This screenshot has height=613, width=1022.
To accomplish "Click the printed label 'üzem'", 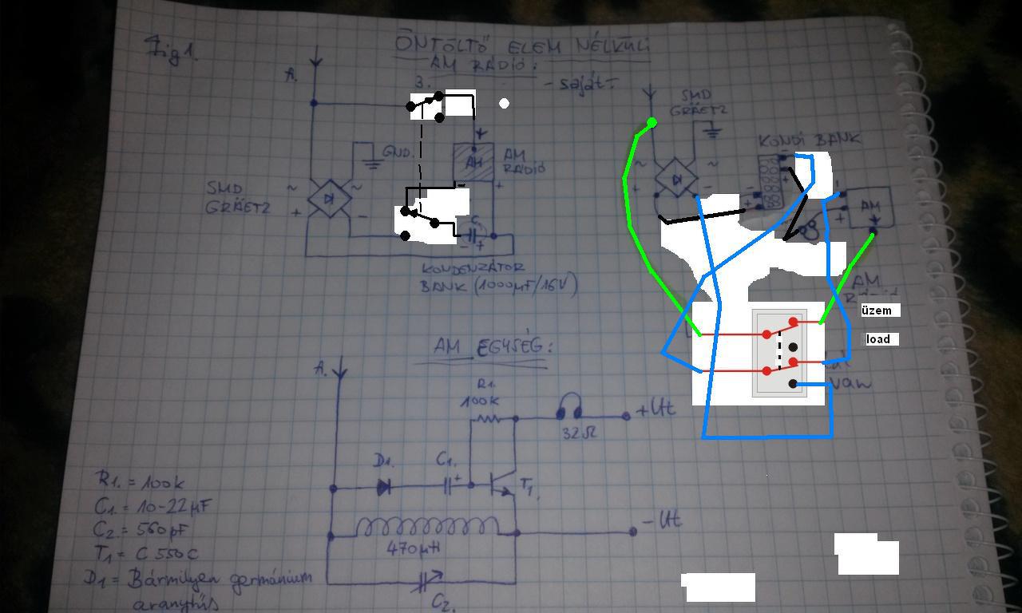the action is pos(875,310).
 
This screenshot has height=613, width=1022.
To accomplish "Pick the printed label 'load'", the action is pos(878,339).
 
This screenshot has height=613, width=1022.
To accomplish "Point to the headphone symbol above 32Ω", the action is pos(568,407).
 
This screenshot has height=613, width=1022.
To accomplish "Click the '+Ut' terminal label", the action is pos(656,410).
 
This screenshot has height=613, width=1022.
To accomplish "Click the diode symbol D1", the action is pos(383,486).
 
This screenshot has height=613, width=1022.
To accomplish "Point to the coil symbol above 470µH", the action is pos(427,527).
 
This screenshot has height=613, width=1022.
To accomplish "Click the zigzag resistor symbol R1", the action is pos(488,417).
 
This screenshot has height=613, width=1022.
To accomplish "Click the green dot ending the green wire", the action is pos(652,123).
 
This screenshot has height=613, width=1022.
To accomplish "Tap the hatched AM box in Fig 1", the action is pos(474,162).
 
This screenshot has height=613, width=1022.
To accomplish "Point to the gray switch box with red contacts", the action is pos(779,352).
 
